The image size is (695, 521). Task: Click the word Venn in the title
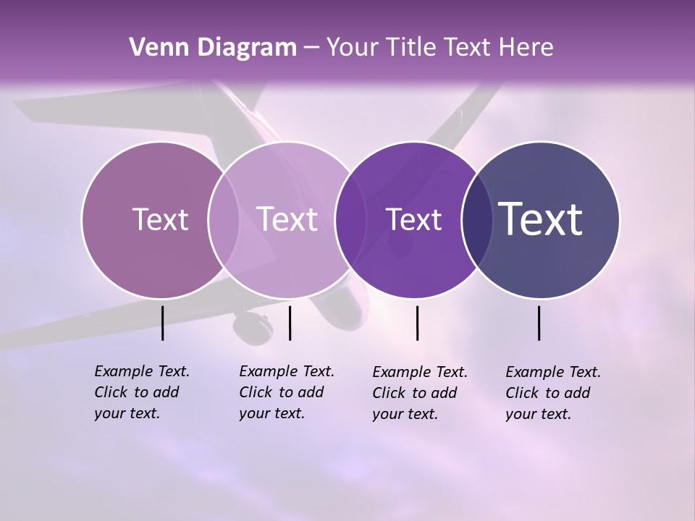click(155, 48)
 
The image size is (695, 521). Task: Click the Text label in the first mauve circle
click(160, 219)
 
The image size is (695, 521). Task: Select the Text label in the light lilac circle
click(287, 219)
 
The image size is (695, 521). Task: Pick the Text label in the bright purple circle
click(413, 219)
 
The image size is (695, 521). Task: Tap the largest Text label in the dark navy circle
click(541, 219)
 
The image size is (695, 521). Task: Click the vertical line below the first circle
click(162, 323)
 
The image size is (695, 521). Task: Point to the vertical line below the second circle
click(290, 323)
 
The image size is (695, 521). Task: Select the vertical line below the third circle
click(418, 323)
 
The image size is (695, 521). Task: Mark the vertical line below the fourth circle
click(539, 323)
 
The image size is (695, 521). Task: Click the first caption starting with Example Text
click(141, 392)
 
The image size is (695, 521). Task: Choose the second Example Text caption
click(286, 392)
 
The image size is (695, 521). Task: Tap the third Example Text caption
click(419, 393)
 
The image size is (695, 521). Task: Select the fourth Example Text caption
click(552, 393)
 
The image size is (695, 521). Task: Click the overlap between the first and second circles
click(224, 219)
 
